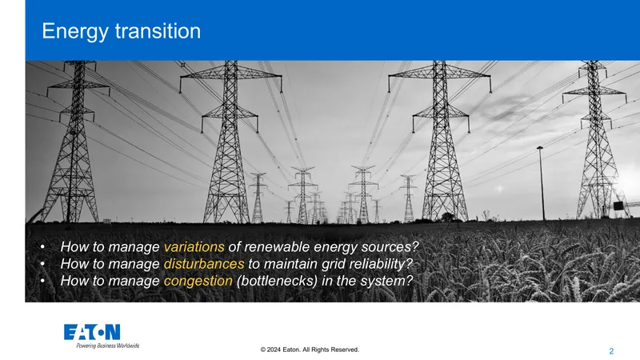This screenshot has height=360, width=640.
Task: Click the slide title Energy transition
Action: [x=122, y=31]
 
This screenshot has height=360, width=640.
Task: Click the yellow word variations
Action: [x=194, y=247]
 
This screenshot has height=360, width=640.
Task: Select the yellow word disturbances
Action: [x=204, y=264]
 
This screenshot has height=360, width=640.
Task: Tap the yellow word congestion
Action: [x=198, y=282]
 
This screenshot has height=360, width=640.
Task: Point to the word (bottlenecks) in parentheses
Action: [x=277, y=281]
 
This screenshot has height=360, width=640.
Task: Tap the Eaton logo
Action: [x=92, y=332]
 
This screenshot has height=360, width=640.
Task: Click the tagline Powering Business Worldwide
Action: [x=108, y=346]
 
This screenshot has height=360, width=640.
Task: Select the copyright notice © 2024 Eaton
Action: [x=310, y=350]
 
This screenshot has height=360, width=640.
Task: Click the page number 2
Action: [x=611, y=351]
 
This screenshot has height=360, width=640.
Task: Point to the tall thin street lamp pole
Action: [x=542, y=184]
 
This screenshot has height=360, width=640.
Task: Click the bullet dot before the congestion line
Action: [x=43, y=281]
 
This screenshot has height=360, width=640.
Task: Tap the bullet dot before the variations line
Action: [x=43, y=246]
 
